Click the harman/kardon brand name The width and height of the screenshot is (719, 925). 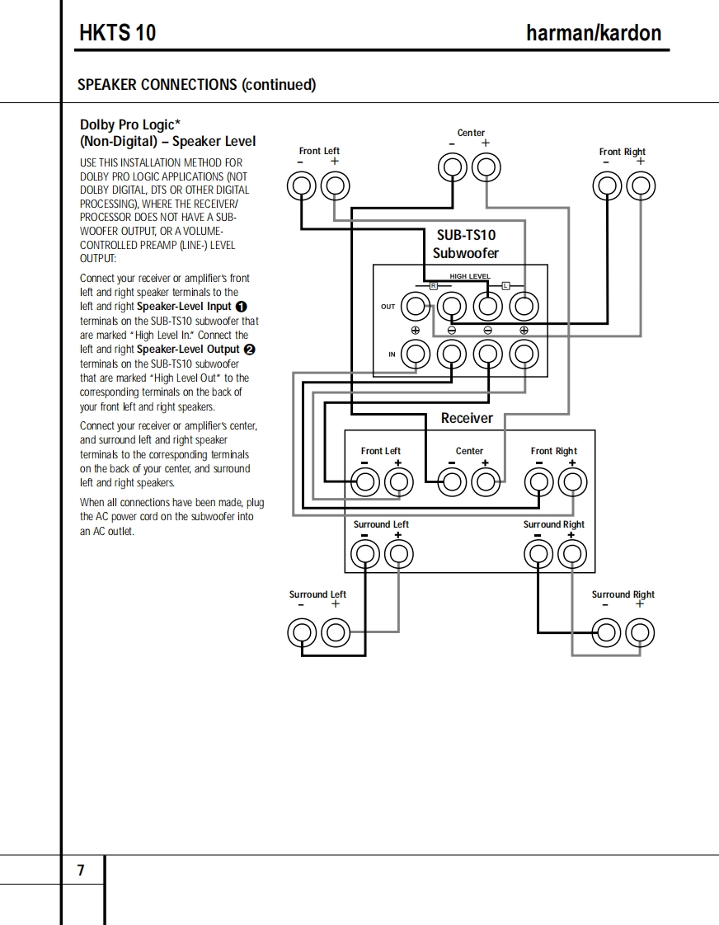coord(593,33)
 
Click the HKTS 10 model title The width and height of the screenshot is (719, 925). coord(118,33)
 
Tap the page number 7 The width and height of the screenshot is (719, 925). coord(81,871)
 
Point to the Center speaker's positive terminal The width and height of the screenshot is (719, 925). coord(486,168)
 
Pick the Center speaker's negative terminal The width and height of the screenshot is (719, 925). coord(452,168)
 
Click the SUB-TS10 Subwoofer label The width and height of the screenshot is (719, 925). coord(466,244)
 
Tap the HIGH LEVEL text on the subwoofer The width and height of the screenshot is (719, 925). coord(469,276)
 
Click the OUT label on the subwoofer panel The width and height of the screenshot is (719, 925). coord(388,307)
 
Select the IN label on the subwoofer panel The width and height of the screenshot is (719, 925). coord(392,355)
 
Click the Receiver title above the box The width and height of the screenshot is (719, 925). coord(467,418)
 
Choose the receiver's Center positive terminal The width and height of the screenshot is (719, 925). coord(486,481)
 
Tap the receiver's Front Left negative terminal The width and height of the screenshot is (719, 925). coord(364,481)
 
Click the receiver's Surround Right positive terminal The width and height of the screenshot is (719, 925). coord(571,554)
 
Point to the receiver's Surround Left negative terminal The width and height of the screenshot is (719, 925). coord(364,554)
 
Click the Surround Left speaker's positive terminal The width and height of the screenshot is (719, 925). coord(335,633)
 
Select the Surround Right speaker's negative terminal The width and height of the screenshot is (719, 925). coord(607,633)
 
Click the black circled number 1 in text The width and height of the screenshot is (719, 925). coord(242,307)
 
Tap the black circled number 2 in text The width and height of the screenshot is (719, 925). coord(250,350)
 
